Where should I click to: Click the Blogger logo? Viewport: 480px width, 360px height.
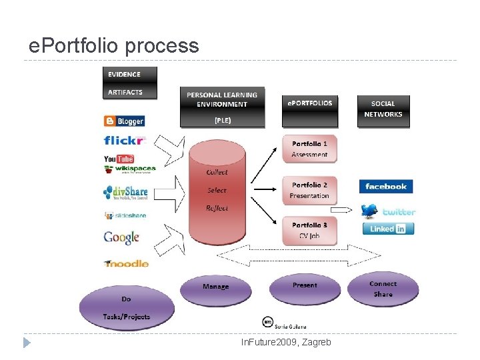[x=124, y=121]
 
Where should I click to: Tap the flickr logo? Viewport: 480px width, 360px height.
[x=124, y=141]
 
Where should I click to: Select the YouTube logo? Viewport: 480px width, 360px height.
[x=119, y=159]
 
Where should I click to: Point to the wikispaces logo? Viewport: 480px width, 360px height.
[x=130, y=169]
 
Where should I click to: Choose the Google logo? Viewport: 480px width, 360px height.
[x=121, y=237]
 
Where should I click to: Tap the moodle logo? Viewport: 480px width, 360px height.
[x=126, y=263]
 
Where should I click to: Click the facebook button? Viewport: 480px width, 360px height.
[x=386, y=187]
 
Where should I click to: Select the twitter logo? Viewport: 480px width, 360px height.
[x=388, y=211]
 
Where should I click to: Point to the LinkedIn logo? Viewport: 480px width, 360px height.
[x=388, y=229]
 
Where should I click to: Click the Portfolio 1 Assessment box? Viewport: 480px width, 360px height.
[x=309, y=149]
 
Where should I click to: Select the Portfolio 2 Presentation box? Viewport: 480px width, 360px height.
[x=309, y=190]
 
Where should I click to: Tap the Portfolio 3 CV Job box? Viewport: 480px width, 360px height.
[x=309, y=230]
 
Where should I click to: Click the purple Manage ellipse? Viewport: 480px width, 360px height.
[x=215, y=287]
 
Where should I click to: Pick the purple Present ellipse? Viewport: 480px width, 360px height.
[x=305, y=287]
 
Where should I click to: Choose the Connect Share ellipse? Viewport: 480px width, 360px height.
[x=383, y=289]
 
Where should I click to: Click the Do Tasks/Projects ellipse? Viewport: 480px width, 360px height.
[x=127, y=307]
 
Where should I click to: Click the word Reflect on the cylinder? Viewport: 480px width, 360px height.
[x=217, y=208]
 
